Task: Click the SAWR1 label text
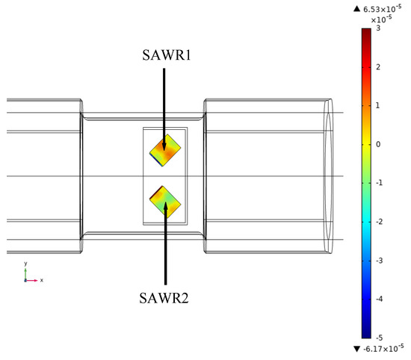click(x=167, y=55)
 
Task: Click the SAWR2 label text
click(x=164, y=298)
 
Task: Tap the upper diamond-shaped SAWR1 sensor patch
click(x=165, y=150)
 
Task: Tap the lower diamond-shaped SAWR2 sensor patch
click(x=165, y=202)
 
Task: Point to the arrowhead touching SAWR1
click(x=164, y=146)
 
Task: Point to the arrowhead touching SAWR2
click(x=165, y=206)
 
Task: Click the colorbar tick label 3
click(x=378, y=28)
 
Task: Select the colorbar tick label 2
click(x=378, y=67)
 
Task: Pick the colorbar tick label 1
click(x=377, y=105)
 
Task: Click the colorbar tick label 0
click(x=378, y=144)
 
